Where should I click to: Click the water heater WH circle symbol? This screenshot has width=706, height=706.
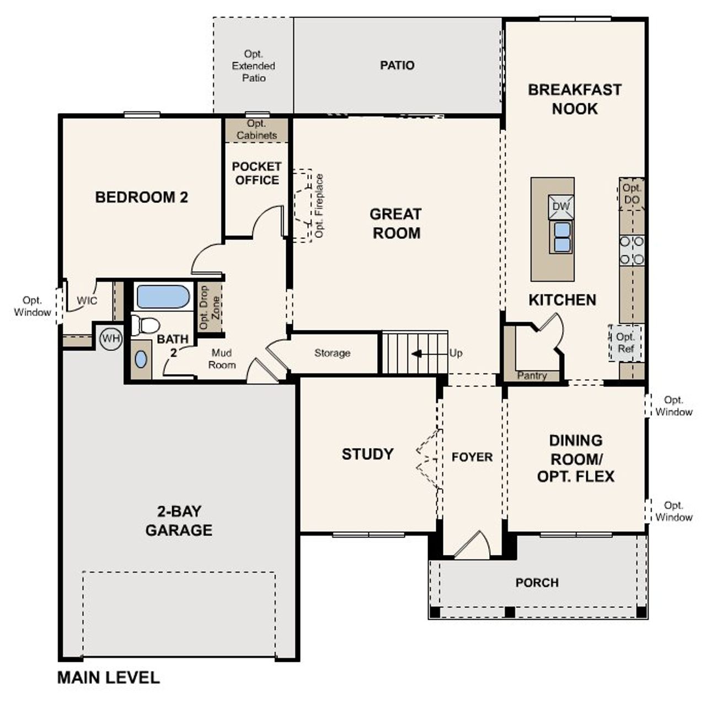coord(111,339)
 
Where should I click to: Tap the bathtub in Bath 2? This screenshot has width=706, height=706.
coord(163,297)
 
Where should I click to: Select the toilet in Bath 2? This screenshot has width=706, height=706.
coord(145,325)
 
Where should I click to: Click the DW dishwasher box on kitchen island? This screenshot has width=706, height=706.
coord(561,207)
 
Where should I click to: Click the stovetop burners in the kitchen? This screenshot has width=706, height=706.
coord(632,250)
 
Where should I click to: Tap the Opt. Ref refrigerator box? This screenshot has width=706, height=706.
coord(625,343)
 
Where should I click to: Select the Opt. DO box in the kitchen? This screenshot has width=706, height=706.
coord(632,194)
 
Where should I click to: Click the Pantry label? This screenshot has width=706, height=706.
coord(532,376)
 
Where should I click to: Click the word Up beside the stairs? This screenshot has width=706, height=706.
coord(456,353)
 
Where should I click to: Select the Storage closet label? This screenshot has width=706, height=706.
coord(332,353)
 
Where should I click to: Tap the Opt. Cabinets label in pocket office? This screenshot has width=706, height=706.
coord(256,130)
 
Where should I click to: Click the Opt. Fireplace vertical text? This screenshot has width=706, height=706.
coord(319,206)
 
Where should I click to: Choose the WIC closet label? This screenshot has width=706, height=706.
coord(87,301)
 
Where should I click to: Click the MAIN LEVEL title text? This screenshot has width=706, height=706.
coord(108,677)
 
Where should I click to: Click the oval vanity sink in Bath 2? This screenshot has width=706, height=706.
coord(141,360)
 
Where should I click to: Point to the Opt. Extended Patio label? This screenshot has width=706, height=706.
coord(253,66)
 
